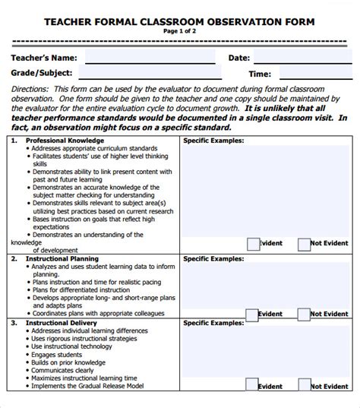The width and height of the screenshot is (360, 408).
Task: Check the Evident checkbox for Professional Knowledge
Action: [252, 244]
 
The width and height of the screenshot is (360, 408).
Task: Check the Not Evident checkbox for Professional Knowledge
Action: [304, 244]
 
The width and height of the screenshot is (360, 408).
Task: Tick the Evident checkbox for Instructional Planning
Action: [252, 314]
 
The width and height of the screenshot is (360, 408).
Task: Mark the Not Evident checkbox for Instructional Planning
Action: [304, 314]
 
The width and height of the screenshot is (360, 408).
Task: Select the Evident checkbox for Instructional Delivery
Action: [252, 385]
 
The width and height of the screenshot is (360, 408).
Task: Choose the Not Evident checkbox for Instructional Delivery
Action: [304, 385]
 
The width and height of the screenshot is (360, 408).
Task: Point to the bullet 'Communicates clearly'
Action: [64, 371]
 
